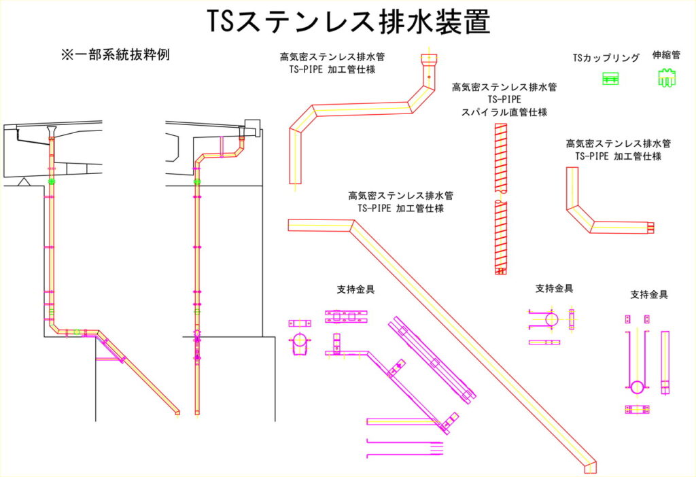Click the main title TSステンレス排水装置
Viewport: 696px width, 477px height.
[x=348, y=22]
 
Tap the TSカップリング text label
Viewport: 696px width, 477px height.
[x=606, y=58]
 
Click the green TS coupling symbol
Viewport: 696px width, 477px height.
[x=610, y=79]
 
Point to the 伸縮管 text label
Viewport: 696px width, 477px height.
[x=666, y=55]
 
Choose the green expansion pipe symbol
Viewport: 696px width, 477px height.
[x=666, y=79]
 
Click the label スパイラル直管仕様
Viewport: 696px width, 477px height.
[x=504, y=111]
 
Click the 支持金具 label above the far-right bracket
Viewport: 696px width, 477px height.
[x=649, y=295]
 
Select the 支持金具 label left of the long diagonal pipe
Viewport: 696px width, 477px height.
[x=355, y=289]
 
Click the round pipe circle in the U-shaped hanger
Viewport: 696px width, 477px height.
[x=637, y=387]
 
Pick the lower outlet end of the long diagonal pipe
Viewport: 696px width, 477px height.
[x=590, y=465]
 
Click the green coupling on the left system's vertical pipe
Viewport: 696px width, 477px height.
[x=52, y=181]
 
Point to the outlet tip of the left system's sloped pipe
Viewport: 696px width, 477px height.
[x=177, y=411]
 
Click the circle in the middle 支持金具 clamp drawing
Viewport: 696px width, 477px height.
[x=551, y=319]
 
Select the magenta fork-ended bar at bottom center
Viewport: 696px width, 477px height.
[x=405, y=448]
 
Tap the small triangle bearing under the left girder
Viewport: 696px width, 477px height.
[x=22, y=181]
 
